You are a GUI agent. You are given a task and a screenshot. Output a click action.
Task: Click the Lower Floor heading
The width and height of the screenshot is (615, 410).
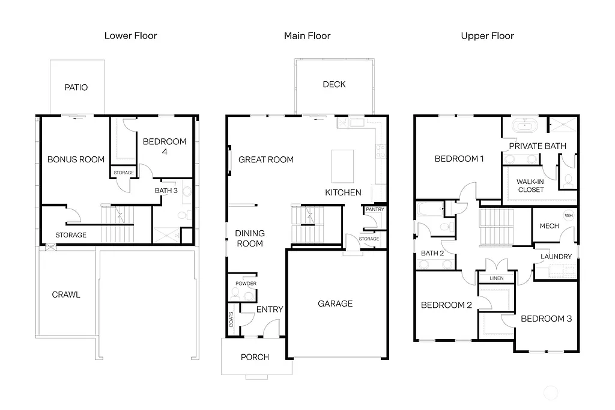130,36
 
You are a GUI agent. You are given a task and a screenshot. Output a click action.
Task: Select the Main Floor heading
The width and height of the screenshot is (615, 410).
307,36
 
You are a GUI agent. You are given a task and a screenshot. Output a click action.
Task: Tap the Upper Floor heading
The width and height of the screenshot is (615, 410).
487,36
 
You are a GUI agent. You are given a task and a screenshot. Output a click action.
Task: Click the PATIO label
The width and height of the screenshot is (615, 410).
76,88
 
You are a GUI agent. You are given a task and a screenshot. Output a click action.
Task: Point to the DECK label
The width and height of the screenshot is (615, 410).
334,85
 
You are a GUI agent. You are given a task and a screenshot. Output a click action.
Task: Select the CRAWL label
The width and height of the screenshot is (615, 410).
66,295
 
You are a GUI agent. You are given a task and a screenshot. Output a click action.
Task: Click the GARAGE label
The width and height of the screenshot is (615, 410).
335,304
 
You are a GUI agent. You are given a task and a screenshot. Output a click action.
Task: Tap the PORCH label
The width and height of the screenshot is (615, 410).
255,357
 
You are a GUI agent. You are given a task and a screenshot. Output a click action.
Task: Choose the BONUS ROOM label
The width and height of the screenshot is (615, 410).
76,160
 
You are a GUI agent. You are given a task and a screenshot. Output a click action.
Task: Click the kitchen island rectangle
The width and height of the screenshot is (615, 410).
343,166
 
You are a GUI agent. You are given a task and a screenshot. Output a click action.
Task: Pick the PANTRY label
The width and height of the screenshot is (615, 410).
375,210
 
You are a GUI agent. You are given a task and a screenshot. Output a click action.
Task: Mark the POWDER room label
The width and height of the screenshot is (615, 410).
246,284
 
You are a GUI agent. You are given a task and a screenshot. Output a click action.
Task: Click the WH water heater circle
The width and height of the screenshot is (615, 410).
568,216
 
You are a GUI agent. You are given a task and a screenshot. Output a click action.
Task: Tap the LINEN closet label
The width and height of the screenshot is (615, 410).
497,278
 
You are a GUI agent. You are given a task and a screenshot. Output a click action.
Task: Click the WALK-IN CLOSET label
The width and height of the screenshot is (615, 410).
530,185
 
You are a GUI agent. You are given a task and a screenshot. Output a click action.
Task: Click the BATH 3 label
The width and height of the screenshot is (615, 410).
166,191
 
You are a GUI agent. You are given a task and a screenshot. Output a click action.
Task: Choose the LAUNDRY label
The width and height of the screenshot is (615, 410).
556,257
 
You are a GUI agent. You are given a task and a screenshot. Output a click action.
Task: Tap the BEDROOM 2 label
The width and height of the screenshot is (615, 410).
446,305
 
